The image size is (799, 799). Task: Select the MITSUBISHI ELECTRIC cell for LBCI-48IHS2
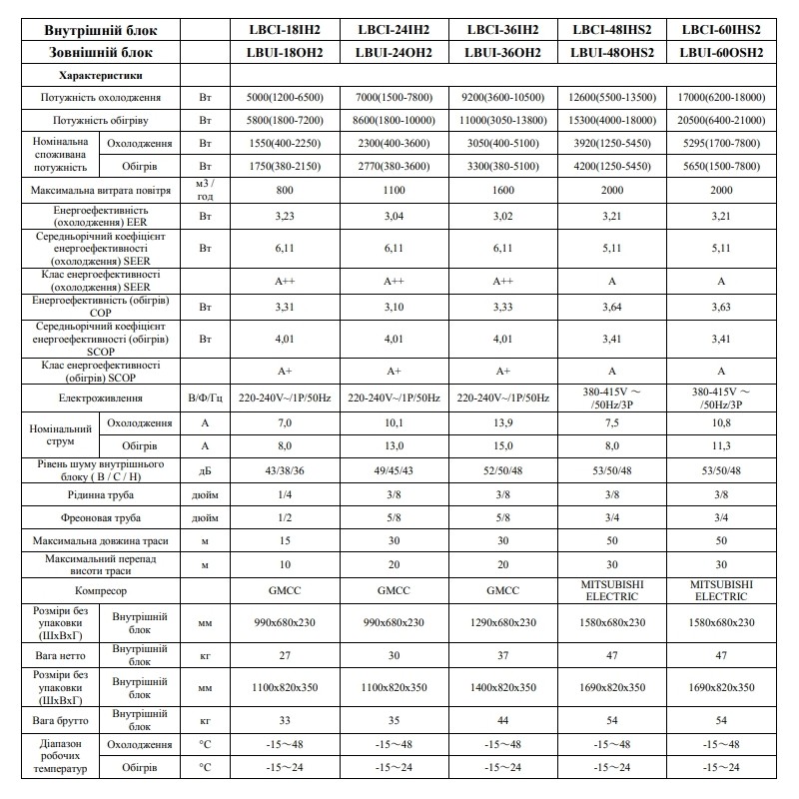pos(612,589)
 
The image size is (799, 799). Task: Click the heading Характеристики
pos(100,75)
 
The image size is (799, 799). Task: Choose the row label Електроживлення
pos(102,399)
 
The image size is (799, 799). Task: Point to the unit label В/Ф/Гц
pos(206,399)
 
